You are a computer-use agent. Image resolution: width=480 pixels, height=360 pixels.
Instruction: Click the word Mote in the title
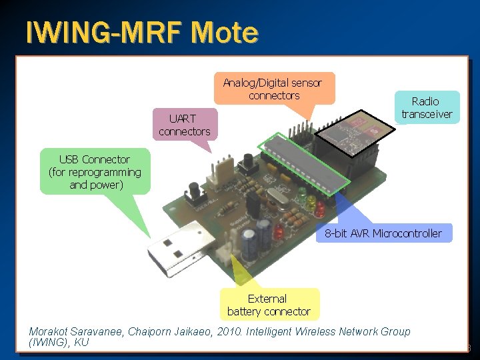[223, 32]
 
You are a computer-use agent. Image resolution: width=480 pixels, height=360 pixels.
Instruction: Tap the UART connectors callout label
[184, 125]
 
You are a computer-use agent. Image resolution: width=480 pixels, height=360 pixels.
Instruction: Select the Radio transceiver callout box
[426, 107]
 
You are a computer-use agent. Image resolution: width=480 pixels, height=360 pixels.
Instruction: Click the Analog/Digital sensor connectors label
[273, 89]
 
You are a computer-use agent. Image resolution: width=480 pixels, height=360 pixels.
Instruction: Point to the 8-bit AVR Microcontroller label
[383, 233]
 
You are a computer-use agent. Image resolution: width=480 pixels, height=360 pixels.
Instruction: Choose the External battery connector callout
[269, 305]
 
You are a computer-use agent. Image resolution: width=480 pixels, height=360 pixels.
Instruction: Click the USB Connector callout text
[95, 172]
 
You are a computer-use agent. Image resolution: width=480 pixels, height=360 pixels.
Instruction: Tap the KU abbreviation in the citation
[81, 343]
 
